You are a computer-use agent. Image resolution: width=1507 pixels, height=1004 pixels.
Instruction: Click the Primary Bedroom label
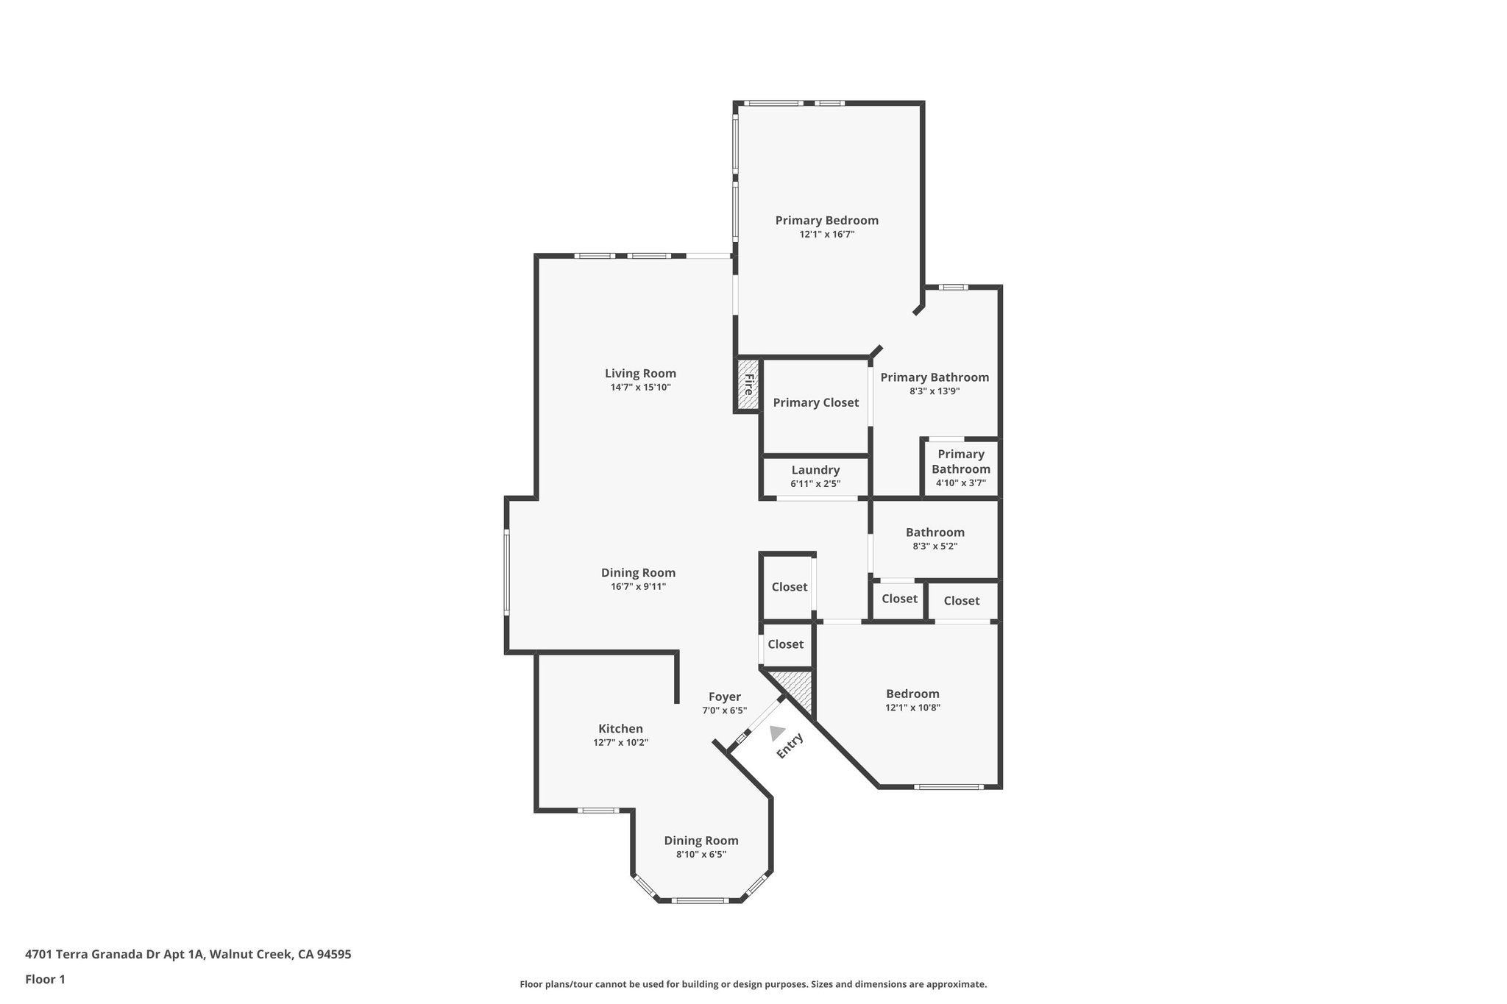tap(826, 220)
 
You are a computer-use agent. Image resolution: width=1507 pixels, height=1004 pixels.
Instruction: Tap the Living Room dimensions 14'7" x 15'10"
tap(640, 387)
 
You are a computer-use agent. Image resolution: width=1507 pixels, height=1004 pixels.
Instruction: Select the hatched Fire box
tap(748, 384)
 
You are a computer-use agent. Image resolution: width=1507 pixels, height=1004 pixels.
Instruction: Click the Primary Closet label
tap(815, 402)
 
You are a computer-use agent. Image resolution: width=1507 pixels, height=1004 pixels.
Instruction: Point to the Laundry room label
tap(815, 470)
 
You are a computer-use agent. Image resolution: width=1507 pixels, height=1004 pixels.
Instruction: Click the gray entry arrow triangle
tap(776, 733)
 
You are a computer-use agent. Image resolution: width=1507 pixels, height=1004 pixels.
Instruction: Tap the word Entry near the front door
tap(790, 746)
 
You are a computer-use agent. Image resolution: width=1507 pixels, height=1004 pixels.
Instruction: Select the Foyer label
tap(724, 697)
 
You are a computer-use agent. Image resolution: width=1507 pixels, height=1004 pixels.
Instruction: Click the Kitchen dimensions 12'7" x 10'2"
tap(620, 742)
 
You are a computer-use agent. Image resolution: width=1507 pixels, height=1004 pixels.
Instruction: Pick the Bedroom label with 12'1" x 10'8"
tap(912, 694)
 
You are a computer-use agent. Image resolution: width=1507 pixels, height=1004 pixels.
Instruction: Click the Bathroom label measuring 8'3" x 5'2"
tap(935, 533)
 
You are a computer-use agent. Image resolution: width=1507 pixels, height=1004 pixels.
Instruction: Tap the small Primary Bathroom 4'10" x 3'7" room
tap(960, 468)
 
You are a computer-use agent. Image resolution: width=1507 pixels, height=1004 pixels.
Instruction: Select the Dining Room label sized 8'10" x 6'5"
tap(701, 841)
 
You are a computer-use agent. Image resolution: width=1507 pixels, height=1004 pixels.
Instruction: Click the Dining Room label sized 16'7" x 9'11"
tap(638, 573)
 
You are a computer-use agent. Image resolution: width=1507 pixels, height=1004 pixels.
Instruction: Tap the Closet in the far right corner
tap(961, 601)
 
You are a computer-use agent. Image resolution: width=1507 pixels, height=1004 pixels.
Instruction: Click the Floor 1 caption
tap(45, 979)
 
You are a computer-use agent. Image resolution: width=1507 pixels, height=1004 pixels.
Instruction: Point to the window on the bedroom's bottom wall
tap(948, 787)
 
